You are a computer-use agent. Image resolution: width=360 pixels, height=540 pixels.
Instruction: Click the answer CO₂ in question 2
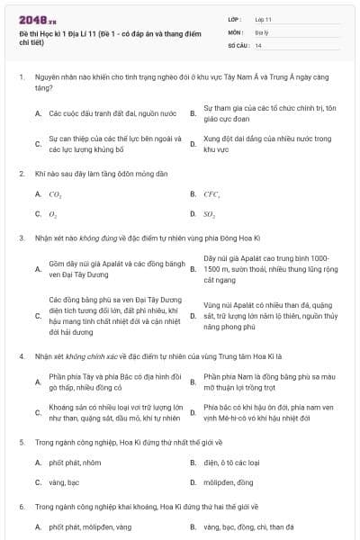(55, 193)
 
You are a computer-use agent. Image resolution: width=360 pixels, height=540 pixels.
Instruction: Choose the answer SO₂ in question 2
(210, 214)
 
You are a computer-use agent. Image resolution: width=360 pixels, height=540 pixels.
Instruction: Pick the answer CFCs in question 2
(211, 193)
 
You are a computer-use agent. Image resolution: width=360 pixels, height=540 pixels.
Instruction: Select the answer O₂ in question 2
(53, 214)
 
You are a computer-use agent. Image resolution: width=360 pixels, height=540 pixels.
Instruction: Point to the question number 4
(20, 356)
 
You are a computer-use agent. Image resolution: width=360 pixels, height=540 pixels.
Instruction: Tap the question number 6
(20, 507)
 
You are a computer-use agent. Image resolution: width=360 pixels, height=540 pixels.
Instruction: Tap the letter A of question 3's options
(37, 270)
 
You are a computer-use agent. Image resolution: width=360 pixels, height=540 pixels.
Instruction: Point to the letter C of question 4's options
(37, 414)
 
